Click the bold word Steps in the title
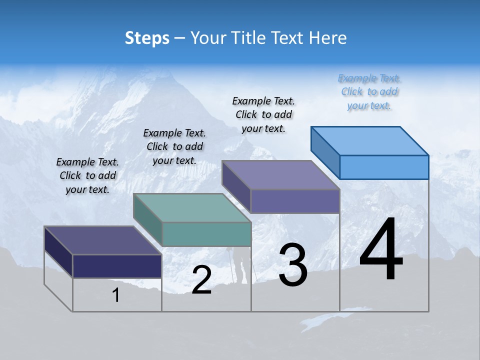pos(147,38)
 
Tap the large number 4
pos(381,250)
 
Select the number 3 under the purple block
pos(293,265)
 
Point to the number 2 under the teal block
pos(201,280)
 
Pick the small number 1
pos(116,295)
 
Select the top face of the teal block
pos(192,207)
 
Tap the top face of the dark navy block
pos(102,240)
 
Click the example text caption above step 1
pos(87,175)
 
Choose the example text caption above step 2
pos(174,146)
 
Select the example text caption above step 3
pos(263,114)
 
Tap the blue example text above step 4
pos(369,91)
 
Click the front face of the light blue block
pos(384,167)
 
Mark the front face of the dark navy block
pos(117,266)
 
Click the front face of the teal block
pos(206,234)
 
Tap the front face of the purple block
pos(295,201)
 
